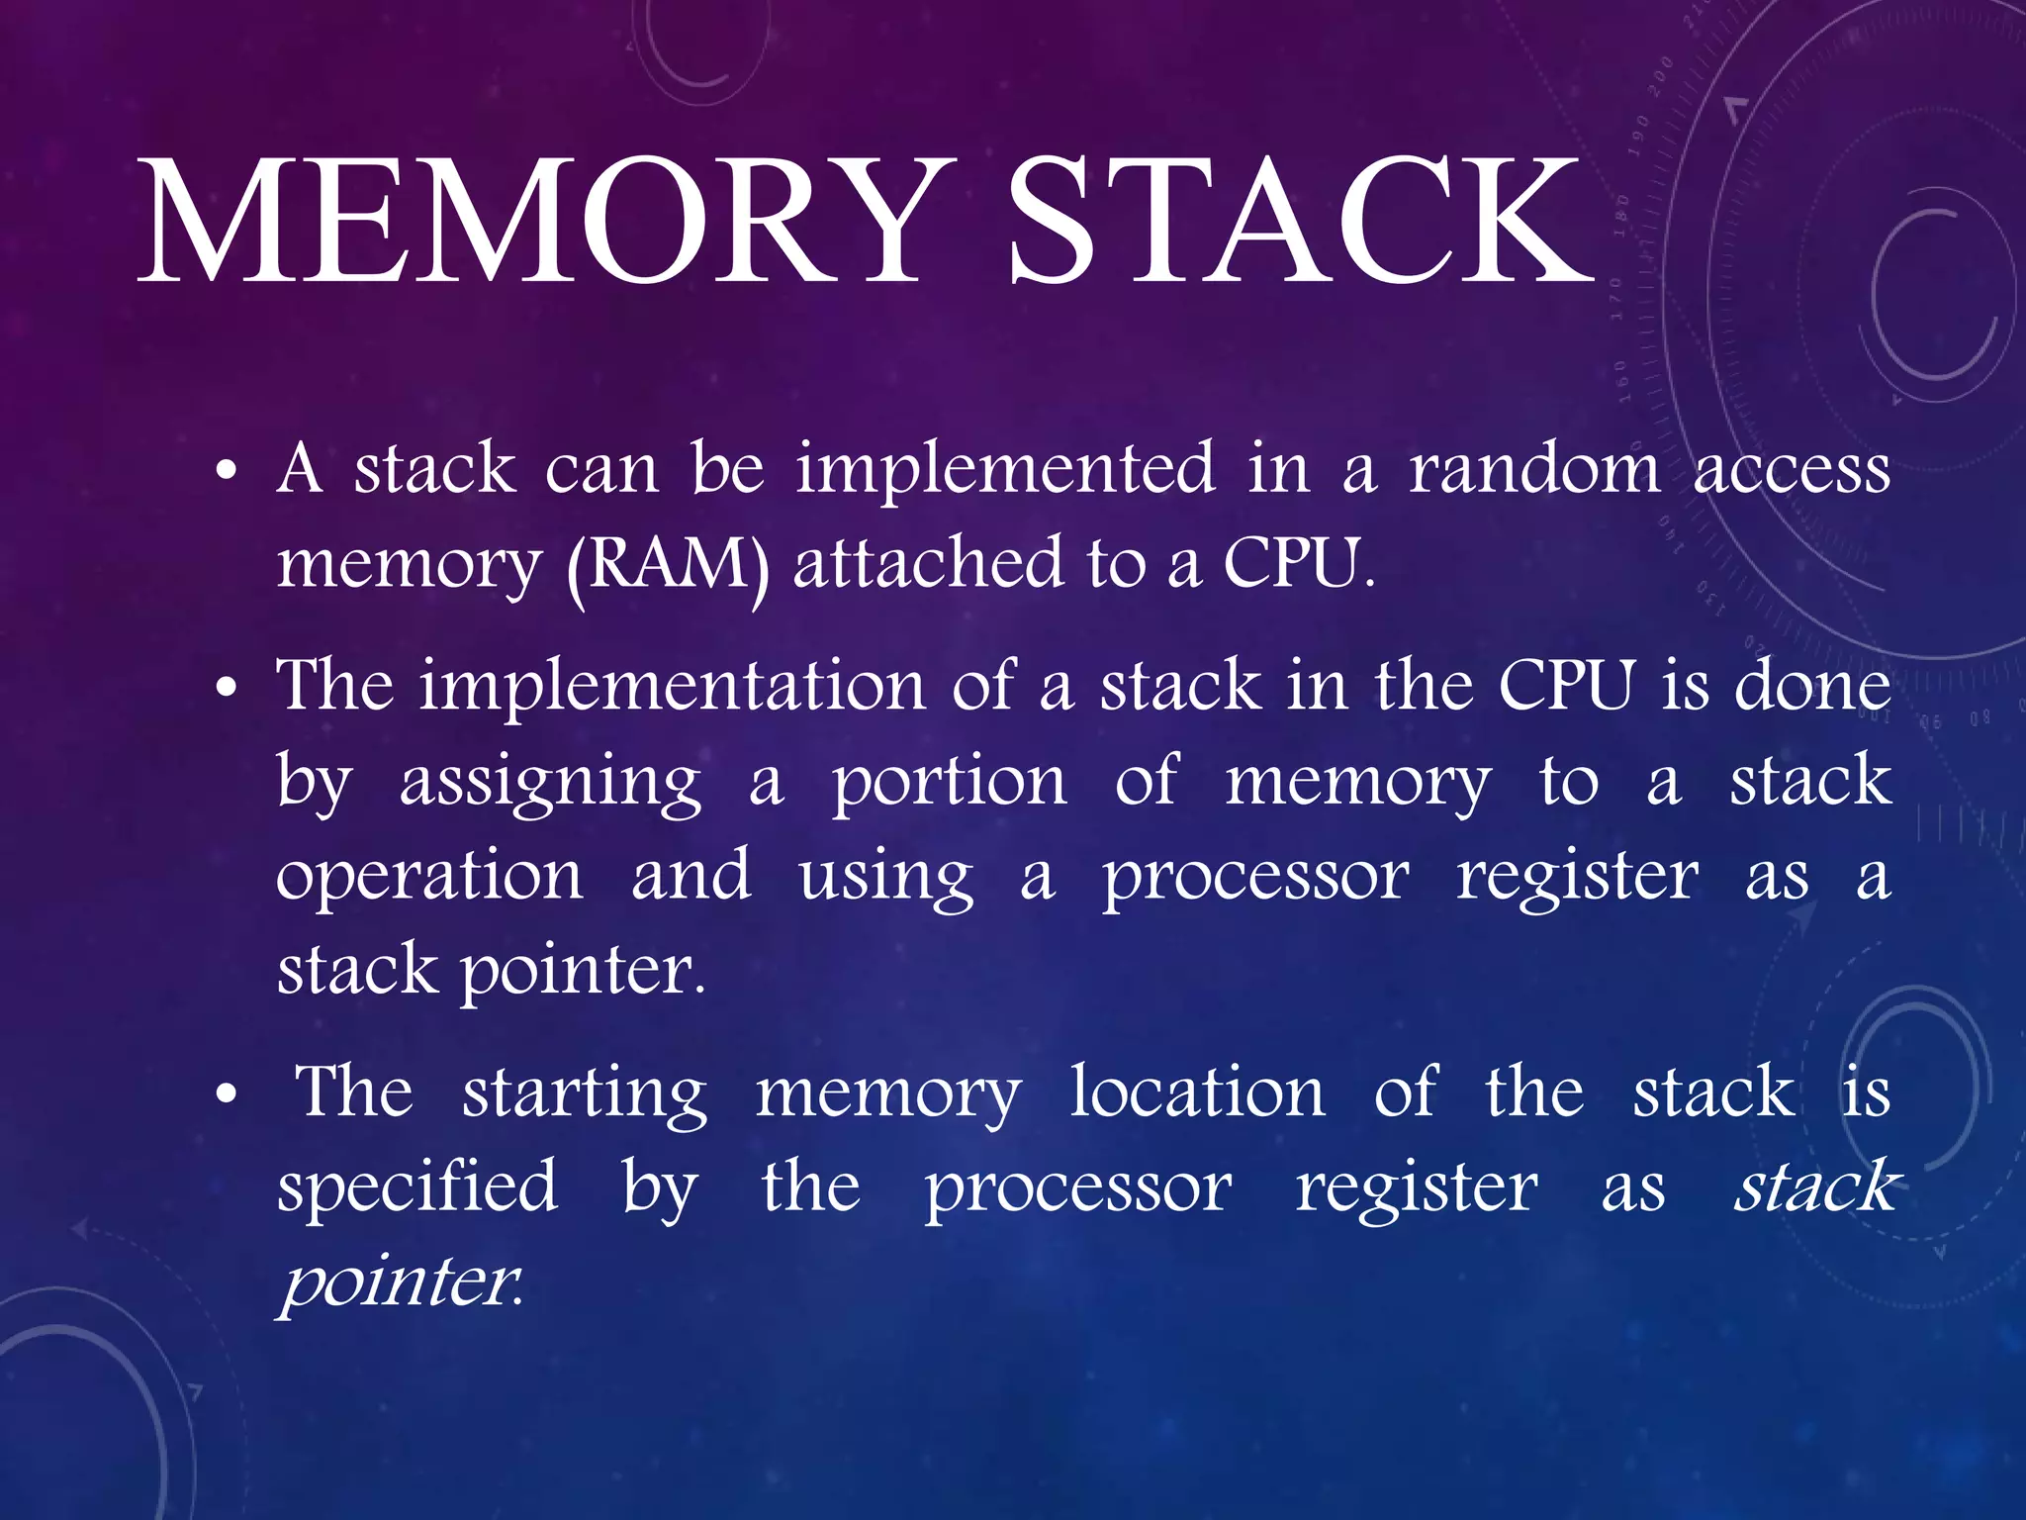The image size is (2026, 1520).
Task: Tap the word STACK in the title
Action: click(x=1300, y=223)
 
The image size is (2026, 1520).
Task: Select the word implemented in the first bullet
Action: click(x=1005, y=467)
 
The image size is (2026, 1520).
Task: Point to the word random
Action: click(x=1534, y=467)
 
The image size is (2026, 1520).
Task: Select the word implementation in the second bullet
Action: click(x=671, y=687)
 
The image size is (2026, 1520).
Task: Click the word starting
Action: click(x=585, y=1094)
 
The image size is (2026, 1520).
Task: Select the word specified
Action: click(x=417, y=1187)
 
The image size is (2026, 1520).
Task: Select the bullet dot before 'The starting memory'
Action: click(x=227, y=1095)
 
